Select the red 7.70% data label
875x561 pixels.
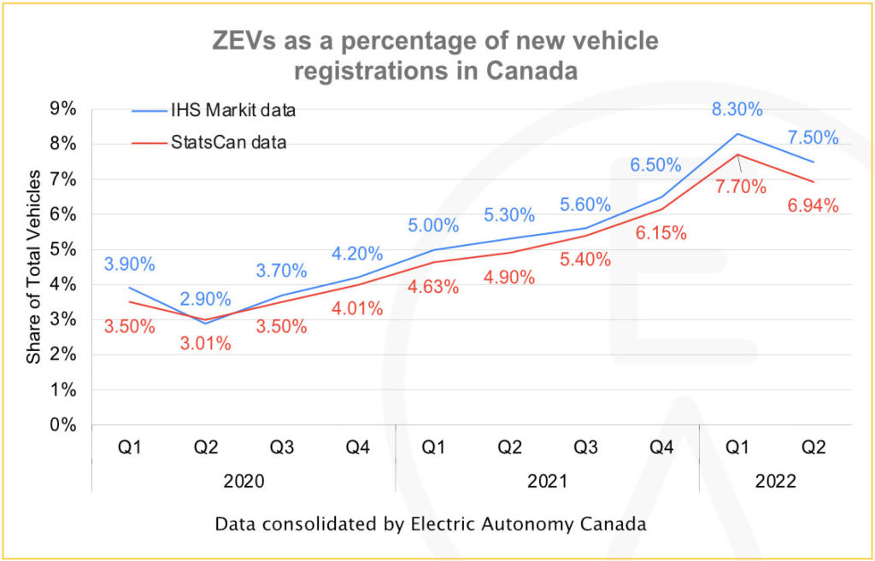[742, 187]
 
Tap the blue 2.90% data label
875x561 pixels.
[205, 299]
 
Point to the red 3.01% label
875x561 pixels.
[206, 343]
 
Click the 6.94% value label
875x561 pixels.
[813, 206]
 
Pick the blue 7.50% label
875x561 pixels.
[813, 138]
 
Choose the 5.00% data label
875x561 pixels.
[433, 226]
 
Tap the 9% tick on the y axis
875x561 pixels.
[63, 108]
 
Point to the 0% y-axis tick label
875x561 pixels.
[63, 424]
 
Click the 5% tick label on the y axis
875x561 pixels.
[63, 249]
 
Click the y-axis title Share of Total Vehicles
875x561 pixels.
[33, 266]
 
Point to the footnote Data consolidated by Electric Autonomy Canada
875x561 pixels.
[431, 523]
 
